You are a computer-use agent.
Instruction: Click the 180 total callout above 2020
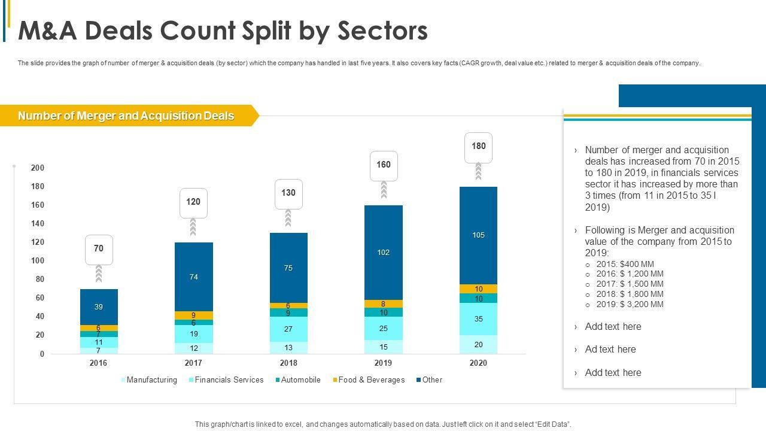(478, 147)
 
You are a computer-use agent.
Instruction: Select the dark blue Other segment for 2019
(384, 252)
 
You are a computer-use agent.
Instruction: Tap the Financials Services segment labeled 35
(478, 319)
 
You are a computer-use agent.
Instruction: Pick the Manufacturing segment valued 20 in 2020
(478, 345)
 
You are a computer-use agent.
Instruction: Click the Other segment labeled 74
(194, 277)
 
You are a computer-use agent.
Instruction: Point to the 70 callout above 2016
(99, 248)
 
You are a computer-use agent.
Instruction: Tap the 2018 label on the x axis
(288, 363)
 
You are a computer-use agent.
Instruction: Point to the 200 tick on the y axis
(38, 168)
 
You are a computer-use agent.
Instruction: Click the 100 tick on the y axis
(38, 261)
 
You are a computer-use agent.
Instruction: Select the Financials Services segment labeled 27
(288, 329)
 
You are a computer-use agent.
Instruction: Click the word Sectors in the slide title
(384, 31)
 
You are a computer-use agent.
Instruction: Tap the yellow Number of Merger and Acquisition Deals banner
(126, 116)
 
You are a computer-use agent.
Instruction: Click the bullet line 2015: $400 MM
(625, 264)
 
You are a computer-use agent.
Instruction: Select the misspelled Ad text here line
(610, 350)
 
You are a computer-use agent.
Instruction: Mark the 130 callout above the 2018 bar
(288, 193)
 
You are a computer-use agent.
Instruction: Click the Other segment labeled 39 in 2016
(99, 307)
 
